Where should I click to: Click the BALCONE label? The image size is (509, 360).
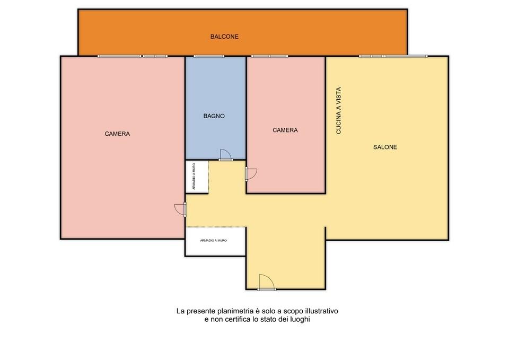click(x=224, y=37)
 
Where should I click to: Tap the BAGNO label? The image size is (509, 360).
click(x=214, y=116)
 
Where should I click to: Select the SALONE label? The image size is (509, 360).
click(x=385, y=147)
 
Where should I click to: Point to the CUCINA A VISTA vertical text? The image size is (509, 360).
click(x=339, y=110)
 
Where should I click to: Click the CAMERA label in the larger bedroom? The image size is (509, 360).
click(x=117, y=134)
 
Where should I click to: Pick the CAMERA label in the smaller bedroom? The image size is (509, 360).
click(x=285, y=130)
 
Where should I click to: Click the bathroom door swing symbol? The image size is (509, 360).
click(x=226, y=155)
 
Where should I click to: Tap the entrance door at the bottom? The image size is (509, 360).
click(x=267, y=282)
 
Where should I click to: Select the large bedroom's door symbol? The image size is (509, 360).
click(x=180, y=209)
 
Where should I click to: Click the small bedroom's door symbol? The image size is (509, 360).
click(x=251, y=174)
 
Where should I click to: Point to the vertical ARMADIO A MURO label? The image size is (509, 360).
click(x=194, y=177)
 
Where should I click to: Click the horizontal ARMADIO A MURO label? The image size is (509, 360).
click(x=213, y=241)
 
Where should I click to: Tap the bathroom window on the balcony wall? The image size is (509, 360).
click(x=209, y=56)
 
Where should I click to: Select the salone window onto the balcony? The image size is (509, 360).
click(x=393, y=56)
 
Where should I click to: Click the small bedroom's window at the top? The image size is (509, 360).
click(x=269, y=56)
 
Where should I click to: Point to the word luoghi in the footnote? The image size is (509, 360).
click(x=300, y=319)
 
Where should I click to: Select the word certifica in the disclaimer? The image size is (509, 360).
click(x=236, y=319)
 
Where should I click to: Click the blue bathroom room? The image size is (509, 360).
click(x=215, y=108)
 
